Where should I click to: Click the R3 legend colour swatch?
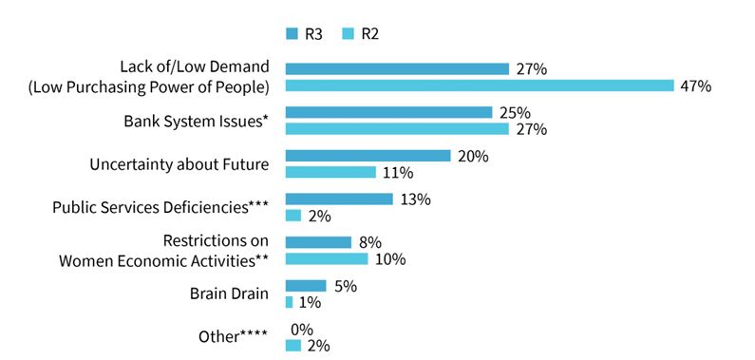[293, 34]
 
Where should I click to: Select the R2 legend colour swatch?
[349, 34]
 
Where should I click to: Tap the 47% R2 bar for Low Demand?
[480, 85]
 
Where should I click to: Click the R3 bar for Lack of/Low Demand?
[397, 68]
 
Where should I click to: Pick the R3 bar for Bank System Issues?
[389, 112]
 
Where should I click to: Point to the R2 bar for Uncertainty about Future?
[330, 172]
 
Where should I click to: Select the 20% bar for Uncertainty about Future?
[368, 156]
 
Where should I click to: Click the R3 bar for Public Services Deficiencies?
[339, 199]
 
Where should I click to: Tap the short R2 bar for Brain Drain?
[289, 302]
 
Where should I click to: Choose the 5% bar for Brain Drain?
[306, 286]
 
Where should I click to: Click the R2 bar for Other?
[293, 346]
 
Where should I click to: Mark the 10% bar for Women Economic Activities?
[327, 259]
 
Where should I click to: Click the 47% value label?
[696, 86]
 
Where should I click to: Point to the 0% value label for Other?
[302, 331]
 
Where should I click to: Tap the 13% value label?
[415, 199]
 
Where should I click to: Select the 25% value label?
[515, 113]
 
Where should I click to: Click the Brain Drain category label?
[229, 294]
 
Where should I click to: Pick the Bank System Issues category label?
[196, 121]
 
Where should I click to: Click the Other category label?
[234, 336]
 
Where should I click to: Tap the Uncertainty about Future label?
[179, 164]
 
